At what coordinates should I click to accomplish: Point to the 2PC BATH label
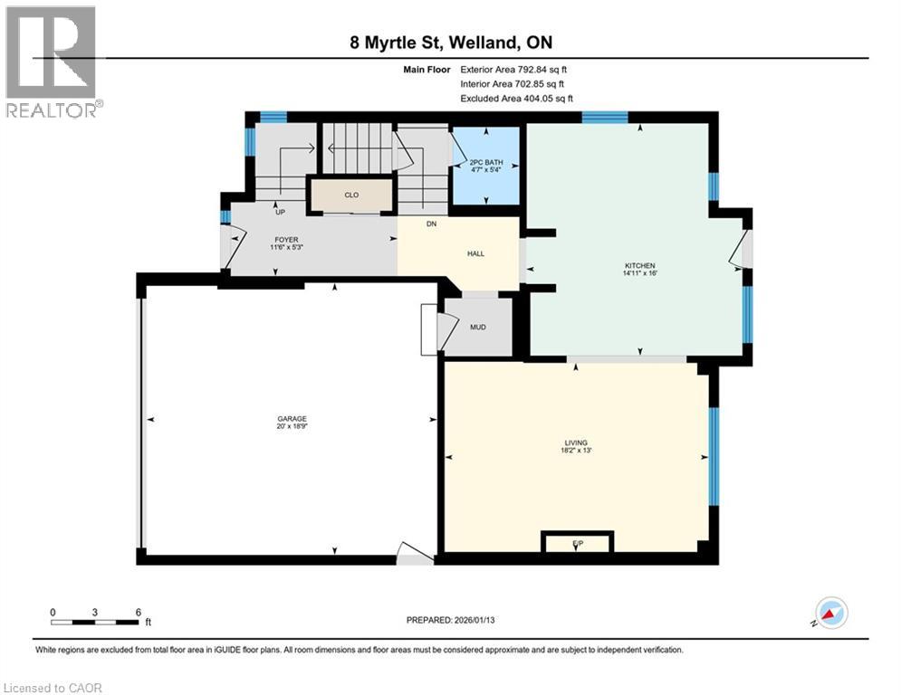tap(485, 162)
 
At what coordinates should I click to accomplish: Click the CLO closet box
tap(351, 194)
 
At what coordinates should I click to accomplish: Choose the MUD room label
tap(478, 327)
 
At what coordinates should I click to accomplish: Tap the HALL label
tap(474, 253)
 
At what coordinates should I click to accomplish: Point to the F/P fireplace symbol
tap(577, 543)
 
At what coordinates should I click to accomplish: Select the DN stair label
tap(431, 224)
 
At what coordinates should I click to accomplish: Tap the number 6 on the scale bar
tap(137, 612)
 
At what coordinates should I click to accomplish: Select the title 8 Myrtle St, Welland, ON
tap(449, 42)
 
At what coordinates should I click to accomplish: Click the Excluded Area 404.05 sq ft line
tap(516, 99)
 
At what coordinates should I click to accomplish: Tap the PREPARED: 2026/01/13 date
tap(450, 620)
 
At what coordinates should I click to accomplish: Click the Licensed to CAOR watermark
tap(54, 688)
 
